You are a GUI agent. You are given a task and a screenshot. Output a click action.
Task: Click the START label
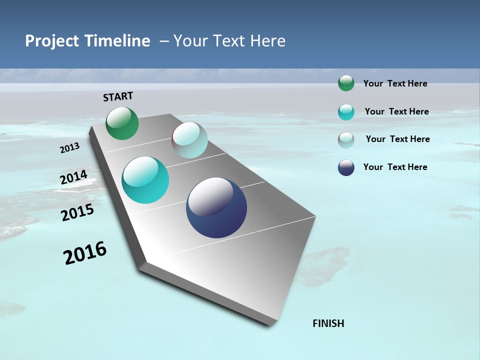(x=118, y=96)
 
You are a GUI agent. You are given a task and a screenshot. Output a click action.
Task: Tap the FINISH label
(x=328, y=323)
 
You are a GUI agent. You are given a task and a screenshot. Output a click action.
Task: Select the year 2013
(x=70, y=148)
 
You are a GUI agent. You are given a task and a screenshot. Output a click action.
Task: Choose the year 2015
(x=77, y=212)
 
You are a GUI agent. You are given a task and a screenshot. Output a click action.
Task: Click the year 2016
(x=85, y=253)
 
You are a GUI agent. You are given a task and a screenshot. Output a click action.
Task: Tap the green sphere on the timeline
(x=122, y=123)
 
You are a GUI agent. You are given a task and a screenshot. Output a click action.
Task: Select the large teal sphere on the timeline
(x=145, y=180)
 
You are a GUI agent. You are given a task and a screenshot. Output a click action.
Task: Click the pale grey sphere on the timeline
(x=190, y=140)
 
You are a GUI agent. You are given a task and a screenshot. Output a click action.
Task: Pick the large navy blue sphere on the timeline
(x=216, y=207)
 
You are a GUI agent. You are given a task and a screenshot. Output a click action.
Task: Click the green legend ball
(x=346, y=83)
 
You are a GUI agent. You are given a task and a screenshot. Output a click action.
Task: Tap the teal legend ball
(x=346, y=112)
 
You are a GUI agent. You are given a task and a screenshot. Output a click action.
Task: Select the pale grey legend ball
(x=346, y=140)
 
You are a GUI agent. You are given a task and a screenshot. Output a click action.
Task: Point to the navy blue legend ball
(x=346, y=167)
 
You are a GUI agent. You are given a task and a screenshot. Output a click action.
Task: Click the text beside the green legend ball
(x=395, y=84)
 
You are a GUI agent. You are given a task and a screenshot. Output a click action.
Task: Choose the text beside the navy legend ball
(x=395, y=167)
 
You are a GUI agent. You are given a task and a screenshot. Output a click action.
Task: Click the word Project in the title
(x=52, y=41)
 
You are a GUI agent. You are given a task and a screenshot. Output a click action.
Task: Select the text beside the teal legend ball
(x=396, y=111)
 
